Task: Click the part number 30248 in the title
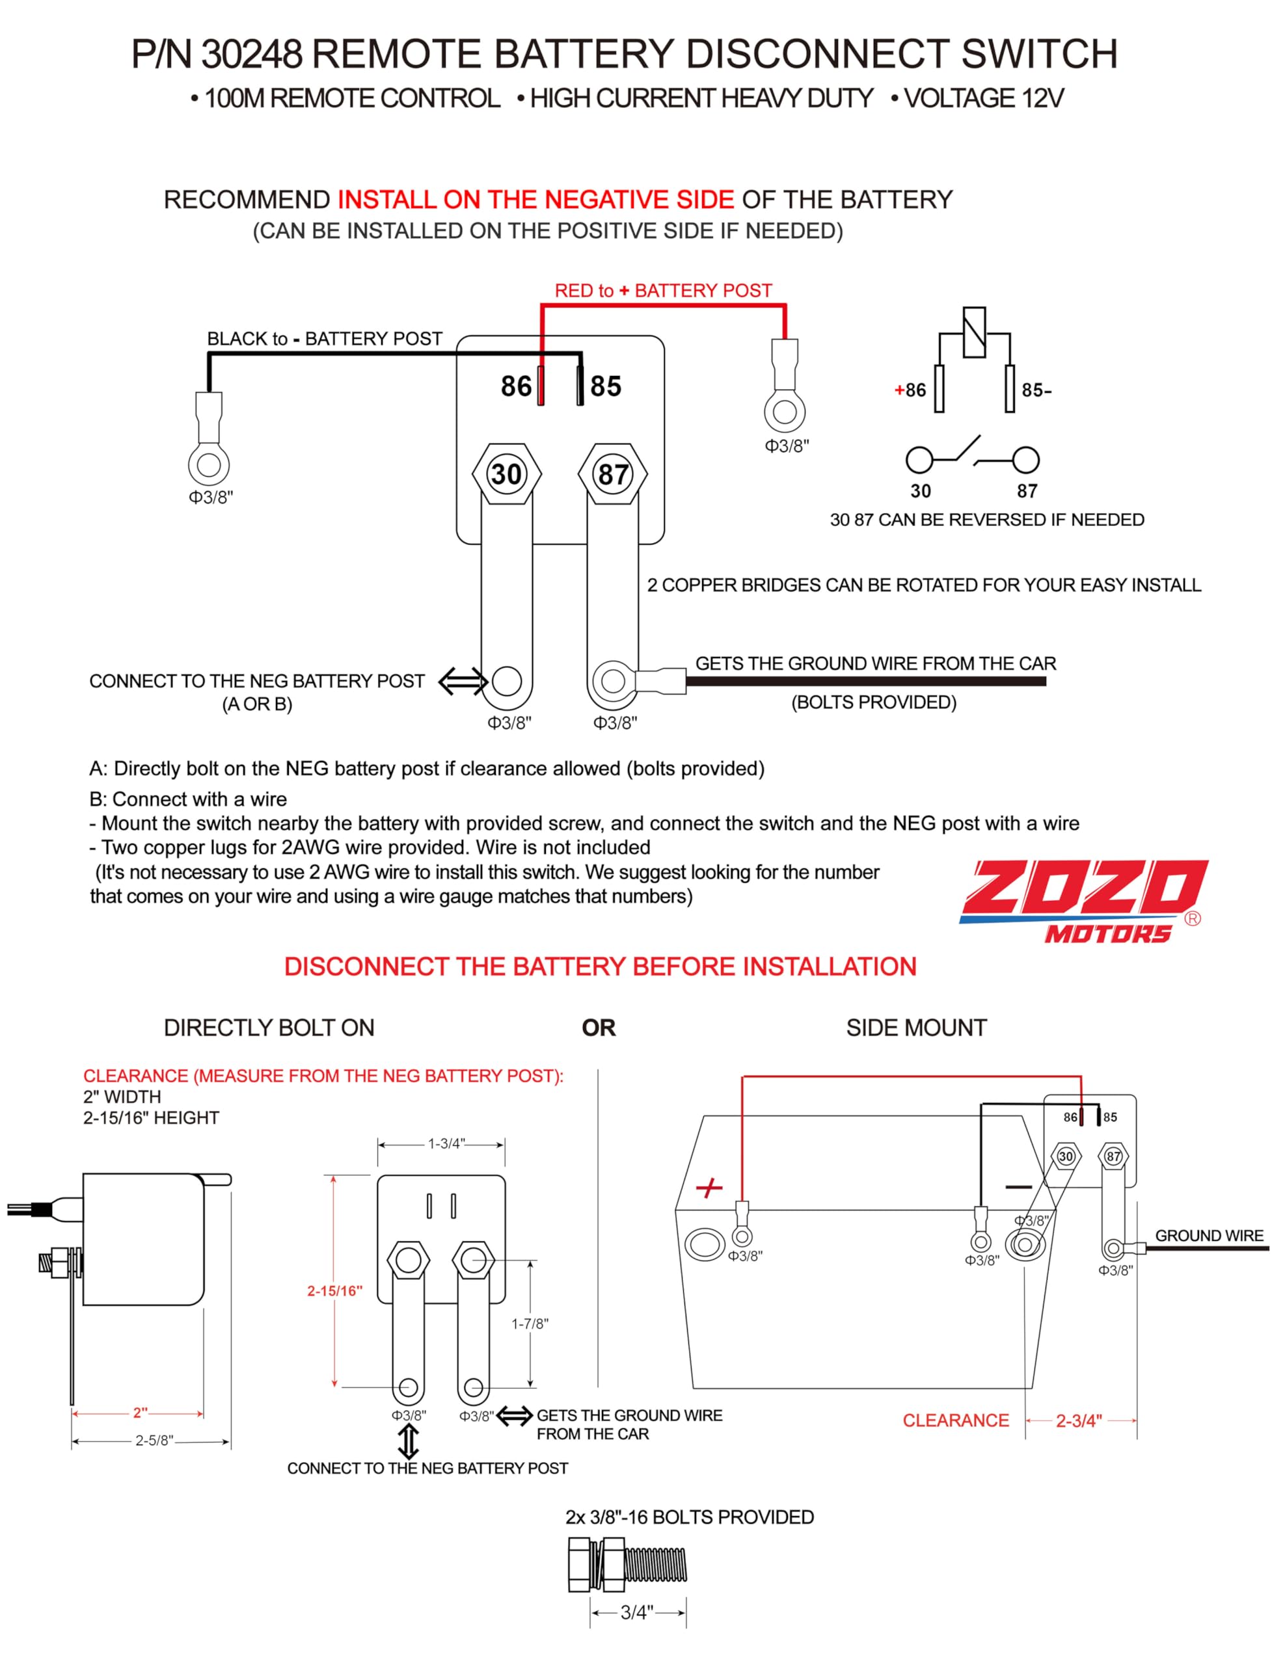251,55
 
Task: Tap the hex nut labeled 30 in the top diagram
506,474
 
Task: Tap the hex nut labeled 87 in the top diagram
612,474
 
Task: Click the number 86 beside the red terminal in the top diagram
517,386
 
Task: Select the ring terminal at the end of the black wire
209,463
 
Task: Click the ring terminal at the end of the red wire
785,411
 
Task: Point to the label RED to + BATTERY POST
663,291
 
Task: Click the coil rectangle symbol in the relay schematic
974,332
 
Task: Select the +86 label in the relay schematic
910,390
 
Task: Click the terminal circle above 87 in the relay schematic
1025,460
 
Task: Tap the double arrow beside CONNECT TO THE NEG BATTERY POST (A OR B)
462,681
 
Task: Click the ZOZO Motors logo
1083,899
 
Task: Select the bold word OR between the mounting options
598,1028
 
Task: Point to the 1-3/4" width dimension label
446,1143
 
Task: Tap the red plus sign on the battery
709,1188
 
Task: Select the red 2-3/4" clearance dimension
1078,1421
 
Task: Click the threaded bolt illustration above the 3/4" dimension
628,1565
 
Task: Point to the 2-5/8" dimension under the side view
154,1441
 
